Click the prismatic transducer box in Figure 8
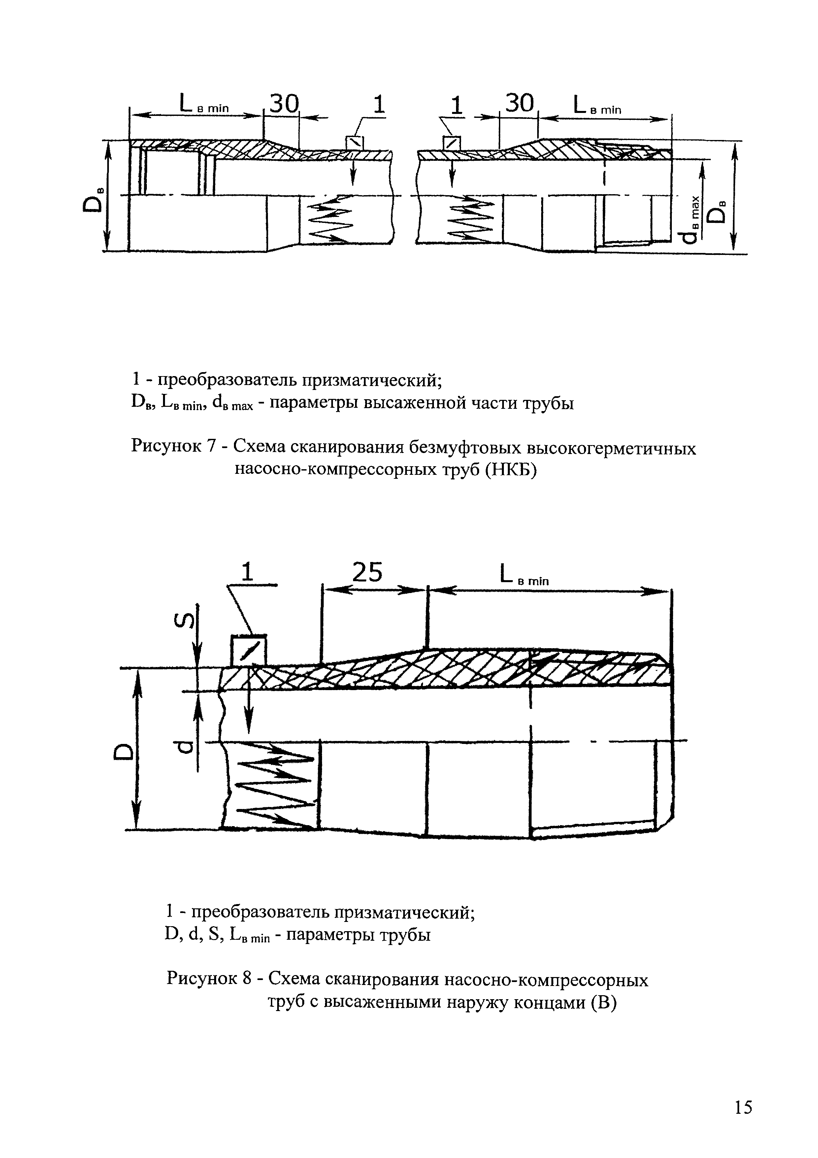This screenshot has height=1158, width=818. [248, 650]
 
